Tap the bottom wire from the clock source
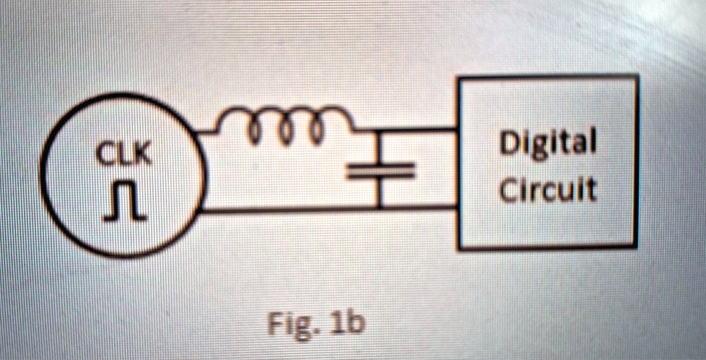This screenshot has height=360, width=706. [290, 209]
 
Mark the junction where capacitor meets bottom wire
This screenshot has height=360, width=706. [379, 208]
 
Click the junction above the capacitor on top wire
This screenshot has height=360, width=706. [379, 130]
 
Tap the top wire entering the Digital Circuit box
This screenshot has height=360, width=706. [427, 129]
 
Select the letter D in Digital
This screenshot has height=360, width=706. [510, 146]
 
